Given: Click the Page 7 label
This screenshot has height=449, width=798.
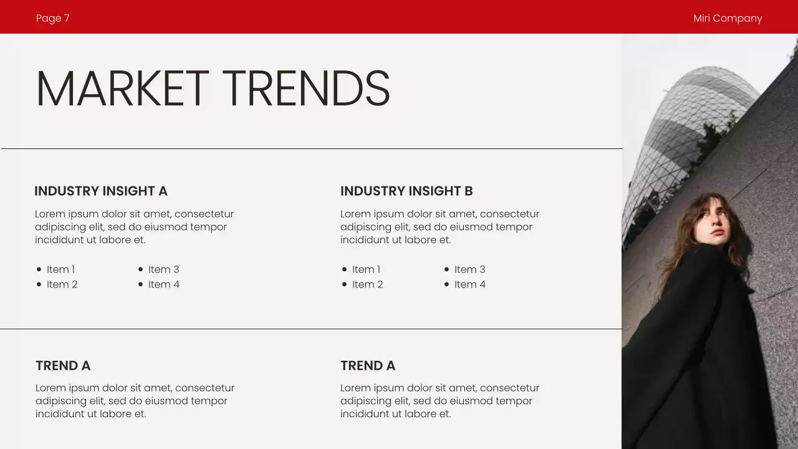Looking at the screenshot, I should click(53, 18).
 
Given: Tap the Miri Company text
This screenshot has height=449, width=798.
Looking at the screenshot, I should click(728, 18).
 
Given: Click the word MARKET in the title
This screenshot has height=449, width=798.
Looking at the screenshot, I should click(122, 89).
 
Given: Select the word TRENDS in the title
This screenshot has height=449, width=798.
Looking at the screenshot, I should click(306, 89).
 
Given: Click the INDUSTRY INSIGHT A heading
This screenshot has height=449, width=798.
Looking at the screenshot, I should click(101, 191).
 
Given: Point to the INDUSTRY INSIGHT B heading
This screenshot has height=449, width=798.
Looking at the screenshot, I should click(406, 191).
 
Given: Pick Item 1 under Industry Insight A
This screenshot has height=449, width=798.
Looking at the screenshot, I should click(60, 269).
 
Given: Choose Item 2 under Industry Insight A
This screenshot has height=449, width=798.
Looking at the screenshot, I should click(62, 284).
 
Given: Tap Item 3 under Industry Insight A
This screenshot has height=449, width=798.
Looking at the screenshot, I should click(163, 269).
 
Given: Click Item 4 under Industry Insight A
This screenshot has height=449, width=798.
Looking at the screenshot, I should click(163, 284).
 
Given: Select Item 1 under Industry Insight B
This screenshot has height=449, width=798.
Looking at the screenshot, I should click(366, 269).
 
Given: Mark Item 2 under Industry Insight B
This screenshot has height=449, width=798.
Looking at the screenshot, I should click(367, 284).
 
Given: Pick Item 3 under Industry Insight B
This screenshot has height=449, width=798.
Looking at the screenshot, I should click(469, 269).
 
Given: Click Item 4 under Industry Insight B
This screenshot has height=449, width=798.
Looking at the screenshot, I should click(469, 284).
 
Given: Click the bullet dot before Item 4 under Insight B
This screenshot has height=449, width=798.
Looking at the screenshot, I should click(446, 284).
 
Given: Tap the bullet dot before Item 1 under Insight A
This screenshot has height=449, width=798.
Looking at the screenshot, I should click(39, 269).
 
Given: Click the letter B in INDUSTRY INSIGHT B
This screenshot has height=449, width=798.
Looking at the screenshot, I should click(468, 191).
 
